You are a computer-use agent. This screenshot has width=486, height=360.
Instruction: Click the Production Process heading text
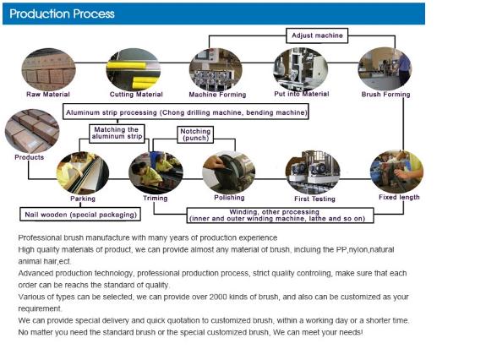(x=62, y=14)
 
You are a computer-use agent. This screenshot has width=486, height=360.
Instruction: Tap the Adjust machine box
(x=317, y=35)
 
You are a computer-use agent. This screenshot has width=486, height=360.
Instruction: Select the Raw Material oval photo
(x=48, y=69)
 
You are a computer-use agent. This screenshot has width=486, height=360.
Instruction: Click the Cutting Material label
(x=136, y=95)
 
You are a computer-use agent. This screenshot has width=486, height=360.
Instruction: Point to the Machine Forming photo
(x=216, y=69)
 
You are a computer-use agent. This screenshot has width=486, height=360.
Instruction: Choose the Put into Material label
(x=301, y=94)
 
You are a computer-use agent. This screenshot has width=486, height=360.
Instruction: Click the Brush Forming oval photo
(x=385, y=68)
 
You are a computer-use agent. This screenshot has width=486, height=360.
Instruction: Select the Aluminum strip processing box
(x=186, y=112)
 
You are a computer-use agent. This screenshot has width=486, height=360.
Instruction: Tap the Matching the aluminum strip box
(x=117, y=134)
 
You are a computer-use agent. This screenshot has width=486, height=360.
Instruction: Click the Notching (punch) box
(x=195, y=134)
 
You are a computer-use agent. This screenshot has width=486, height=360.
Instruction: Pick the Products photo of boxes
(x=32, y=130)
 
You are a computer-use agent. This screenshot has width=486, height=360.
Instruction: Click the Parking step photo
(x=83, y=173)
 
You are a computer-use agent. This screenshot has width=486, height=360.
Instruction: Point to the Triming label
(x=156, y=199)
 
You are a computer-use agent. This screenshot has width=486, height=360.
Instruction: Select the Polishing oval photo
(x=229, y=172)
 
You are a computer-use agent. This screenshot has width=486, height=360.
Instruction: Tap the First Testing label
(x=314, y=199)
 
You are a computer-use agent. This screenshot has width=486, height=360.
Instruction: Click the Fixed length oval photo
(x=397, y=172)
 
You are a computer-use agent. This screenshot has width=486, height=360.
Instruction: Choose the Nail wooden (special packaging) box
(x=80, y=215)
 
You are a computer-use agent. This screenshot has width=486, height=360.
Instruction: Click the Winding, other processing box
(x=281, y=215)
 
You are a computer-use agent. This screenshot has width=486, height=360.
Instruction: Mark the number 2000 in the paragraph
(x=218, y=297)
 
